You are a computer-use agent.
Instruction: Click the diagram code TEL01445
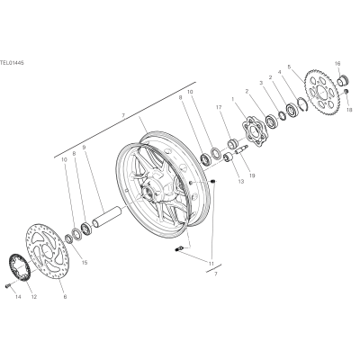[x=12, y=63]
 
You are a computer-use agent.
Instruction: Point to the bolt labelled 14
[x=8, y=285]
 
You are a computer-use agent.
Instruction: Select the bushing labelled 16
[x=342, y=80]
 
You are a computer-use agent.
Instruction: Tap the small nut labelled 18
[x=346, y=91]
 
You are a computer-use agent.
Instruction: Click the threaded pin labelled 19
[x=241, y=149]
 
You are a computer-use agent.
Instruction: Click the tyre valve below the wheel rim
[x=178, y=248]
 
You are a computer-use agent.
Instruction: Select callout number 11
[x=211, y=264]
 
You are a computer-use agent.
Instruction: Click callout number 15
[x=85, y=263]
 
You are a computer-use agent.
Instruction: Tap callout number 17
[x=219, y=107]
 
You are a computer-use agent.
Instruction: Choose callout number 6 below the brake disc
[x=65, y=297]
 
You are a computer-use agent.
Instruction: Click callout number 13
[x=241, y=181]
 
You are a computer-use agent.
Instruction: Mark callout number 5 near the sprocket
[x=289, y=66]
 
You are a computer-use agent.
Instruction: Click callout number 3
[x=261, y=82]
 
